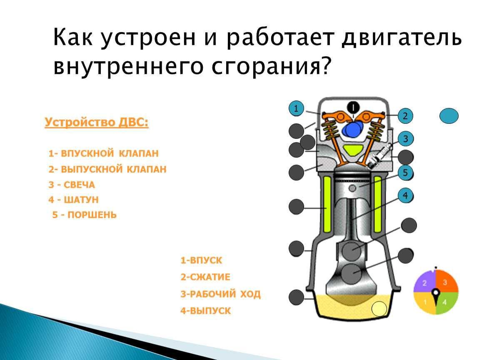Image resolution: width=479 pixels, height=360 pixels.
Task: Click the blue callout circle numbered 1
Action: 296,108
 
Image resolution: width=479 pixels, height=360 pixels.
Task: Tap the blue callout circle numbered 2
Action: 405,116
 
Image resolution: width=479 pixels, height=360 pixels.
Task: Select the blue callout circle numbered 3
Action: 406,139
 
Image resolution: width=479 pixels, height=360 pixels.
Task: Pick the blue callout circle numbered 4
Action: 406,195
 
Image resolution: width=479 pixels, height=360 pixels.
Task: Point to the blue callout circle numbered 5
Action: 406,172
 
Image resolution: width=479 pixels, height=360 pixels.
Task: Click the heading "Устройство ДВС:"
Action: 97,122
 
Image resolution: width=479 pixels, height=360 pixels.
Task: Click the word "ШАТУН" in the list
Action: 81,200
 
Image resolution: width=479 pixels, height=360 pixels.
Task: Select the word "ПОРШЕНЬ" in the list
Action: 92,215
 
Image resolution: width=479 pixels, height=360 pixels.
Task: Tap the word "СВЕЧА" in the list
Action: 80,185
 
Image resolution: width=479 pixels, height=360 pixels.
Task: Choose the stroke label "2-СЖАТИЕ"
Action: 205,277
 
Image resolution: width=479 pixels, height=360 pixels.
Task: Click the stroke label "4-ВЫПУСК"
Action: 206,311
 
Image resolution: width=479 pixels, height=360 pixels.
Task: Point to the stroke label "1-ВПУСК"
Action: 201,260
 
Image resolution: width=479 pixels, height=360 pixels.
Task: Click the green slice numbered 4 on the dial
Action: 447,302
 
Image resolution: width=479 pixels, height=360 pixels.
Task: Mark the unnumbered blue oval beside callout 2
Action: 449,116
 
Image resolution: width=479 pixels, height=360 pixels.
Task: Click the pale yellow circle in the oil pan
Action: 379,309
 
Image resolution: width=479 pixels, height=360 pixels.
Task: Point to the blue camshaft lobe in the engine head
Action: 353,130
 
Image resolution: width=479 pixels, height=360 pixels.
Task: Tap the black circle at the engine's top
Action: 354,107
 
